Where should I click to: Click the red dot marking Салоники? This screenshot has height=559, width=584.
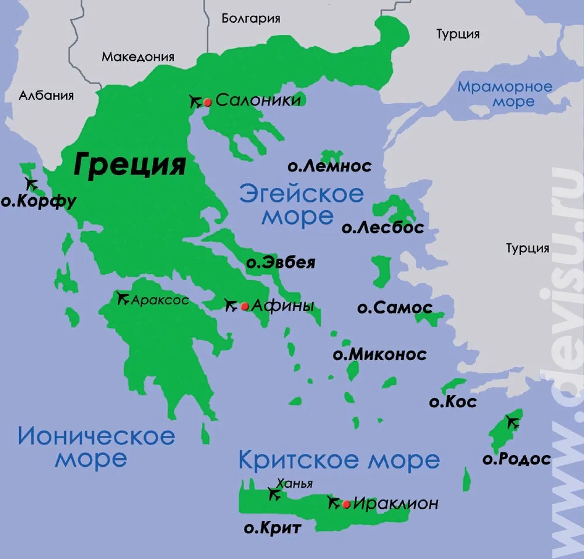point(207,102)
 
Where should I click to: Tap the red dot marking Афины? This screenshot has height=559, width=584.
point(244,306)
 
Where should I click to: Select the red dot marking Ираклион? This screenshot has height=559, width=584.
point(346,504)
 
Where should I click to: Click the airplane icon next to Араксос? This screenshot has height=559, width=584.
point(123,299)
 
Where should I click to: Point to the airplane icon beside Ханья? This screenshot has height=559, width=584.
point(273,494)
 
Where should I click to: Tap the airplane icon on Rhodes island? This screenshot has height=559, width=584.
point(513,421)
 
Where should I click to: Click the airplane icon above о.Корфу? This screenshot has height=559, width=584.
point(32,184)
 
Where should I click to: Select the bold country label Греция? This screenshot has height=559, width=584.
point(130,165)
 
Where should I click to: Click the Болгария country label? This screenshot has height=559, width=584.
point(251,19)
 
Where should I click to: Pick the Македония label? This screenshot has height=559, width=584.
point(138,57)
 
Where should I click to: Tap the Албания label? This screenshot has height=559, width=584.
point(46,95)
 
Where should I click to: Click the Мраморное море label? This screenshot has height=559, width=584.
point(505,94)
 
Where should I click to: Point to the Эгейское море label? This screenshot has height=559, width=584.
point(301,204)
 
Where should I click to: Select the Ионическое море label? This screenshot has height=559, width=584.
point(96,447)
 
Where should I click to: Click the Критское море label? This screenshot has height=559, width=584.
point(338,460)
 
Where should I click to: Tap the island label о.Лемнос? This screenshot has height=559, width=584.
point(329,166)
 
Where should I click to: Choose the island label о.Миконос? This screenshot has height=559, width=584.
point(379,354)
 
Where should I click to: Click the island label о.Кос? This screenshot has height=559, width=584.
point(453,401)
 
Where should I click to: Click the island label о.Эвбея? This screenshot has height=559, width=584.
point(281,263)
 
